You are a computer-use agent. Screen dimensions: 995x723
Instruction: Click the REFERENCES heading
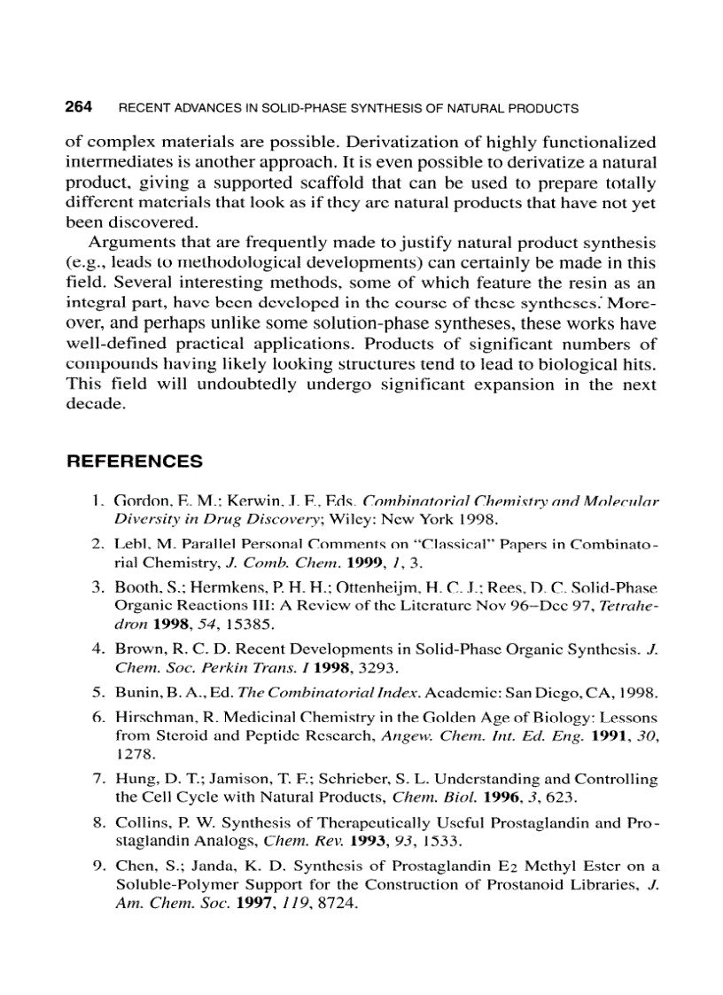click(x=135, y=462)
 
